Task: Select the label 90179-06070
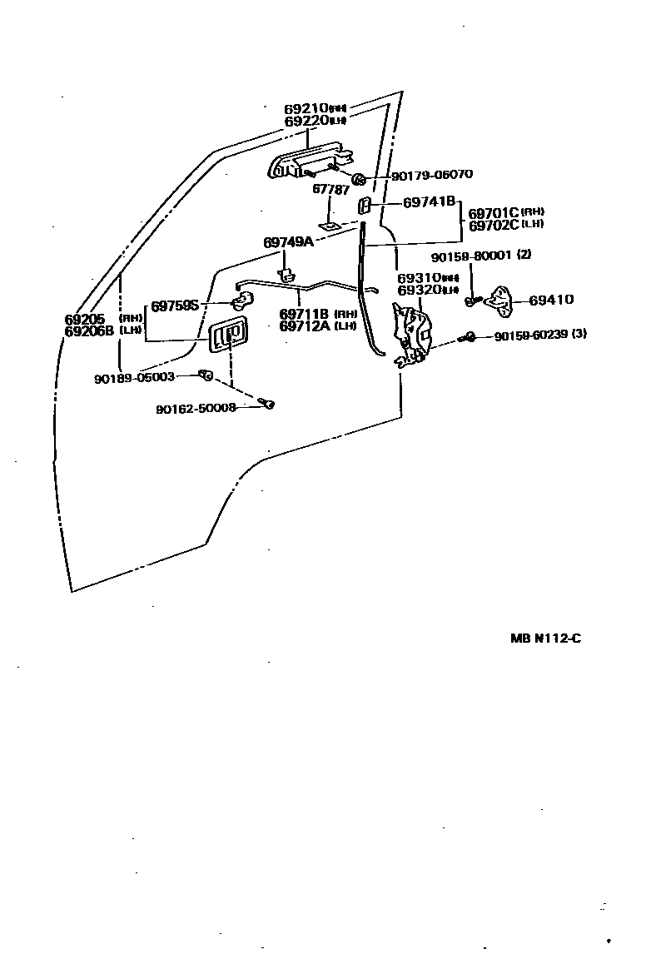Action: tap(431, 175)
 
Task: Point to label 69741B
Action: tap(429, 201)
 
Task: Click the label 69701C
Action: tap(494, 213)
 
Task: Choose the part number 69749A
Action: tap(288, 242)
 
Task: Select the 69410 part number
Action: tap(551, 300)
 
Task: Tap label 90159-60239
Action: tap(530, 336)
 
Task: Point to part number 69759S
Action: tap(175, 306)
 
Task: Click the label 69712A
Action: tap(305, 325)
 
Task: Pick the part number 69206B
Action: tap(88, 330)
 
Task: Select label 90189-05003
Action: tap(134, 377)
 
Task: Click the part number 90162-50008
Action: tap(196, 408)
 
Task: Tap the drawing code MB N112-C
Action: tap(545, 639)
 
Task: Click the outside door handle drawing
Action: tap(308, 161)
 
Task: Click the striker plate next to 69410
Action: tap(504, 299)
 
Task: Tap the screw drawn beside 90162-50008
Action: tap(268, 404)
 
